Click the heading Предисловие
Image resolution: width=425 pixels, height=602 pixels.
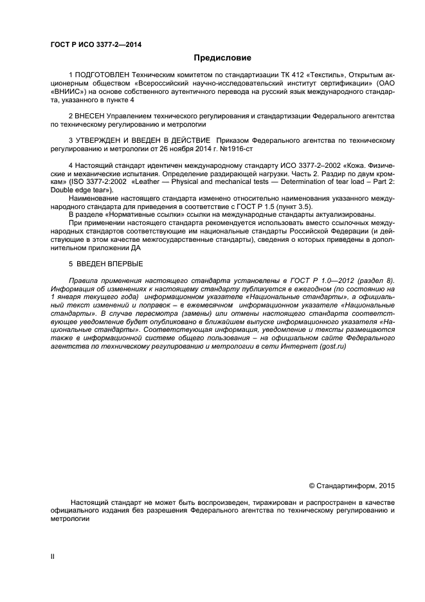213,58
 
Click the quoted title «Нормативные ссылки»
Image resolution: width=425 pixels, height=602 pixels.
136,215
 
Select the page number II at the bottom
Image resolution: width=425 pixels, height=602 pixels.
53,556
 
